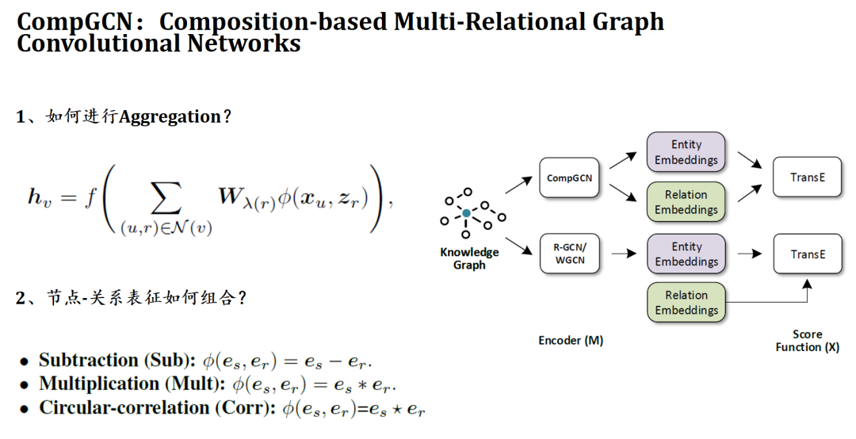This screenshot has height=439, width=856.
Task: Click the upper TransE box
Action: (808, 178)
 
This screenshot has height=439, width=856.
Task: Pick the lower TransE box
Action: (808, 254)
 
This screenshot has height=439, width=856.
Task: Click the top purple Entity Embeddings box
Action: (686, 152)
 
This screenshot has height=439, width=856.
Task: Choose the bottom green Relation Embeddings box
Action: (686, 303)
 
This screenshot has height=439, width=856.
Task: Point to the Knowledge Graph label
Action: (469, 258)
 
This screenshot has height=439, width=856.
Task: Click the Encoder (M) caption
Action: (571, 341)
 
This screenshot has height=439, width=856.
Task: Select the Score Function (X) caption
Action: (808, 341)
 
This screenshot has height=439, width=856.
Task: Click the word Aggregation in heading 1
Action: (170, 117)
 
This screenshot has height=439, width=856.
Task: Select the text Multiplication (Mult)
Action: (132, 384)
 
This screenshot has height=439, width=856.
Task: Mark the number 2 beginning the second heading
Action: (21, 299)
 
